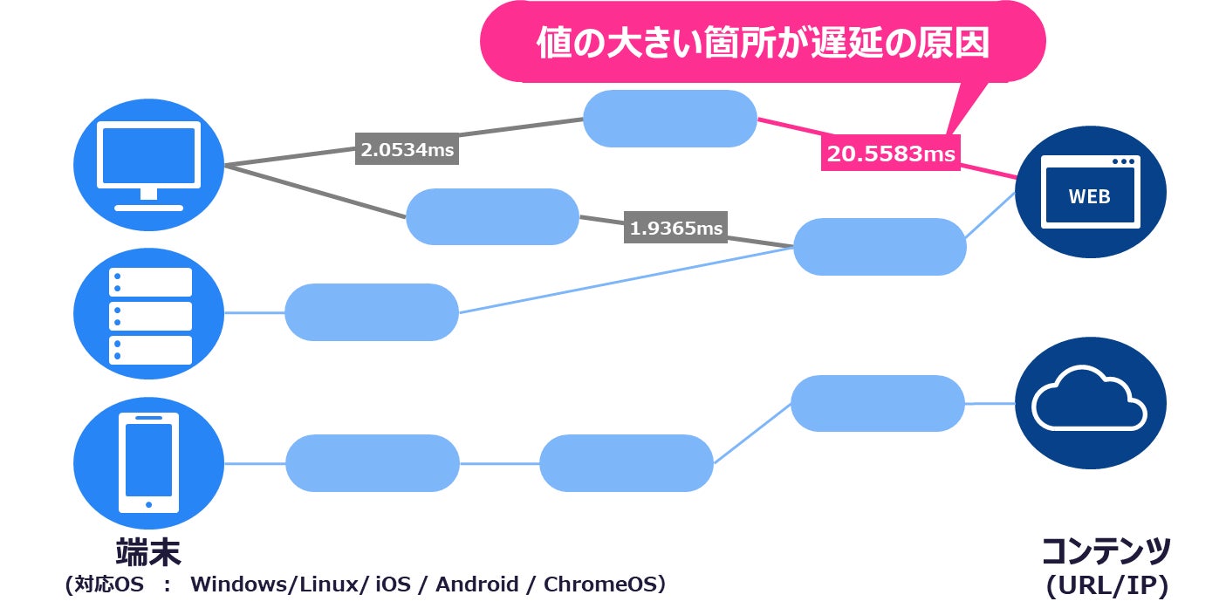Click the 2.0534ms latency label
tap(408, 149)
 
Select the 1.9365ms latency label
tap(676, 229)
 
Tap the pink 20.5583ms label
tap(891, 154)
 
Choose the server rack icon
tap(148, 314)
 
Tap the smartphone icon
tap(148, 461)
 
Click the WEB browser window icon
tap(1091, 193)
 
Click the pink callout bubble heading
tap(763, 42)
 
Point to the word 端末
tap(147, 551)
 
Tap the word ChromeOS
tap(603, 584)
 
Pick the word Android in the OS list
tap(476, 584)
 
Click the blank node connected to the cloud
tap(877, 404)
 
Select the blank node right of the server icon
tap(372, 312)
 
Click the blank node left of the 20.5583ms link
tap(669, 119)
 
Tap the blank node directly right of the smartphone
tap(372, 463)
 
